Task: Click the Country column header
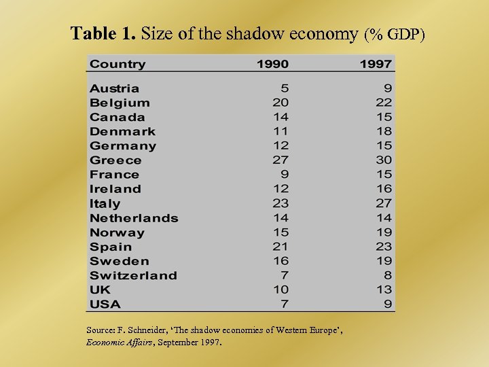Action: (117, 64)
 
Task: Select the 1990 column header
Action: (272, 64)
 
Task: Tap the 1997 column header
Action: (376, 64)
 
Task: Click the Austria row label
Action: (114, 88)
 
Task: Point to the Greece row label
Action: (115, 160)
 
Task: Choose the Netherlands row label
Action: (134, 218)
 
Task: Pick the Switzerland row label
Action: (133, 275)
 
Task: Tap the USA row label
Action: (105, 304)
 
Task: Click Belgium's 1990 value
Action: (280, 103)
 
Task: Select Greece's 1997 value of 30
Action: (384, 160)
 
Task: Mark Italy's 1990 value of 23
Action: (280, 203)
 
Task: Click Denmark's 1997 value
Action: (384, 131)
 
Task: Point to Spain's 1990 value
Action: (280, 247)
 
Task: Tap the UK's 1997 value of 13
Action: (384, 290)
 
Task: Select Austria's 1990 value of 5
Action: (285, 88)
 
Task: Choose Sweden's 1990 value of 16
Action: (280, 261)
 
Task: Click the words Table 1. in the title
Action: (96, 33)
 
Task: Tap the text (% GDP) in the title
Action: (395, 34)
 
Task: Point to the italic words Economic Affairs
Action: (118, 342)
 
